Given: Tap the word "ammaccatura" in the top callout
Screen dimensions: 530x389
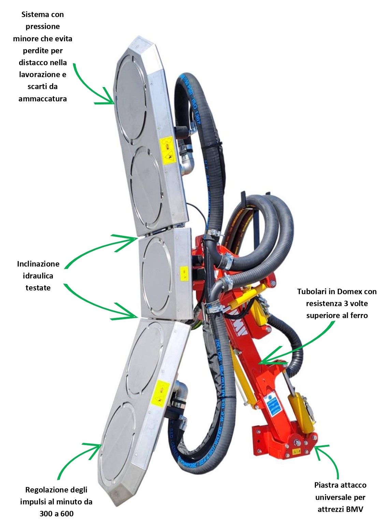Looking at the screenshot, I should [43, 99].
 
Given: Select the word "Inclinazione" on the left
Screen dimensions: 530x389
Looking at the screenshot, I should [38, 264].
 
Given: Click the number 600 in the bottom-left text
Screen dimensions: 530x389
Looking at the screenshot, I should [67, 514].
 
